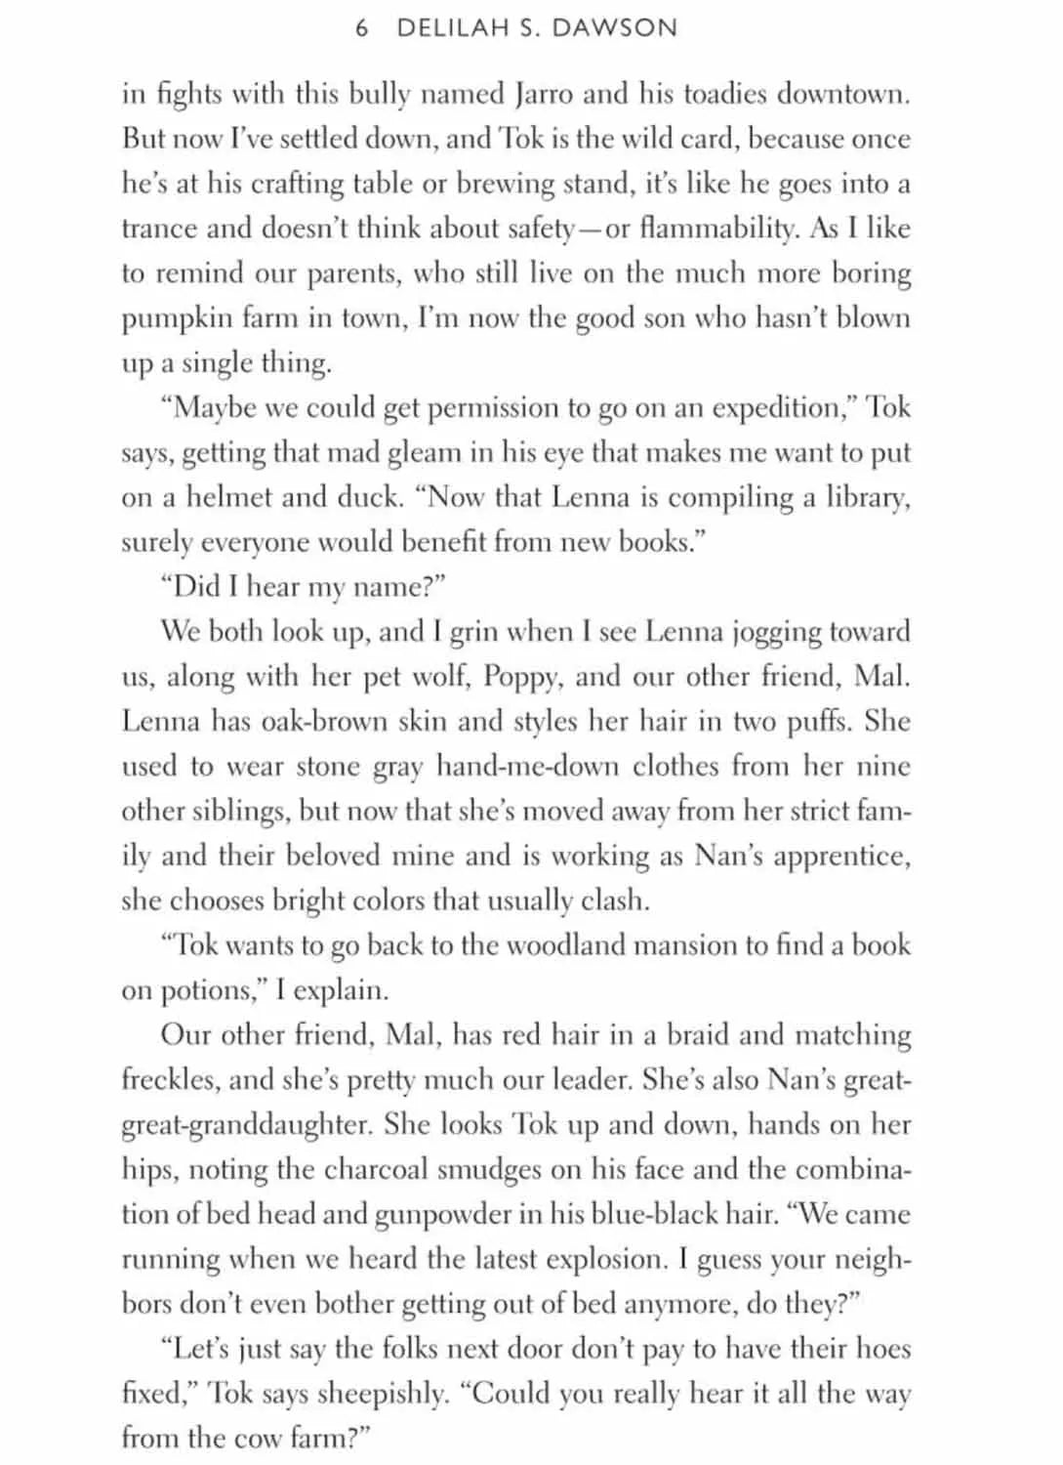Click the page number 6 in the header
[362, 28]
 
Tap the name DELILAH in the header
[451, 28]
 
